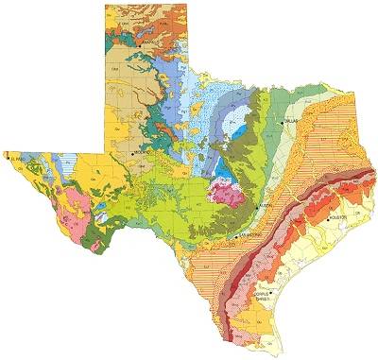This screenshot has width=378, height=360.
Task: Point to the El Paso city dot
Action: [10, 160]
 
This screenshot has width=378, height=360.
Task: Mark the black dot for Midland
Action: [132, 151]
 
